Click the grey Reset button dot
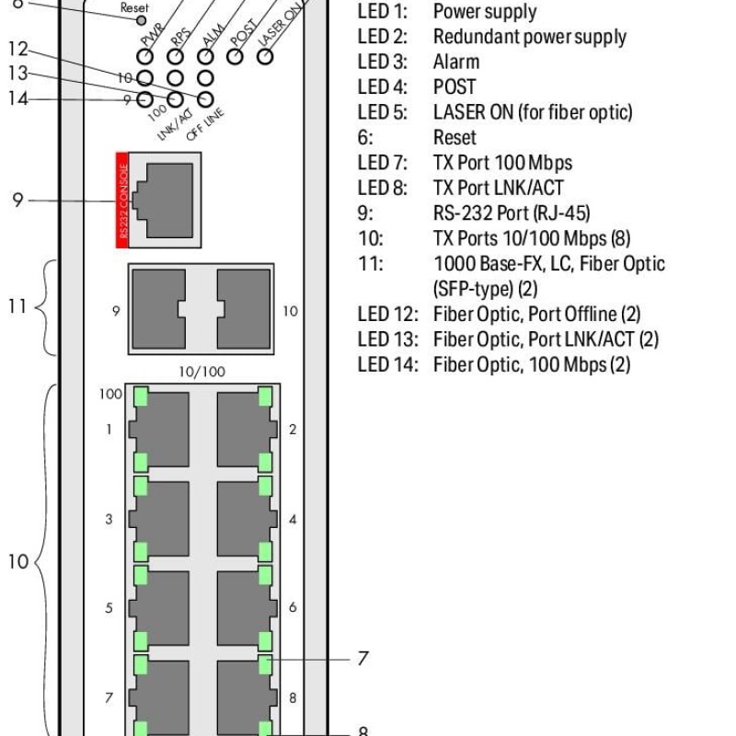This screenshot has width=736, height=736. pos(141,20)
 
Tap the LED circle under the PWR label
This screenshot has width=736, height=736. pos(145,56)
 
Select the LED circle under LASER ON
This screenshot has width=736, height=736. pos(265,56)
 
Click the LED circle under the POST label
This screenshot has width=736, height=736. pos(236,56)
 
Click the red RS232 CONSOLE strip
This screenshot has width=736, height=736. pos(122,200)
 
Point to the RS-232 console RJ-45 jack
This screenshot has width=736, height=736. pos(165,201)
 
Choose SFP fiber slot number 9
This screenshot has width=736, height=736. pos(158,309)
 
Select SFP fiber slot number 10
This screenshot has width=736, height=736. pos(244,309)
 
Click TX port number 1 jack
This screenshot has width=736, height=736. pos(159,430)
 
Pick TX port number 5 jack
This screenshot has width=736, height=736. pos(159,608)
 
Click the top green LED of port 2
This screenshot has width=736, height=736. pos(265,397)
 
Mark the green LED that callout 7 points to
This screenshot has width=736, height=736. pos(265,664)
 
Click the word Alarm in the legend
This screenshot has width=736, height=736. pos(456,62)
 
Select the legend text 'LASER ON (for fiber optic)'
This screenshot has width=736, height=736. pos(533,112)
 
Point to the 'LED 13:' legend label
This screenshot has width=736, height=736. pos(387,339)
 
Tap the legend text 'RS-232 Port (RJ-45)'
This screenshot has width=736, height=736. pos(512,213)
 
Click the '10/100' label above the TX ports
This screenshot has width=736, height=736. pos(201,372)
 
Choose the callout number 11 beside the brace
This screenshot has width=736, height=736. pos(17,306)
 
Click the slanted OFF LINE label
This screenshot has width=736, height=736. pos(205,125)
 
